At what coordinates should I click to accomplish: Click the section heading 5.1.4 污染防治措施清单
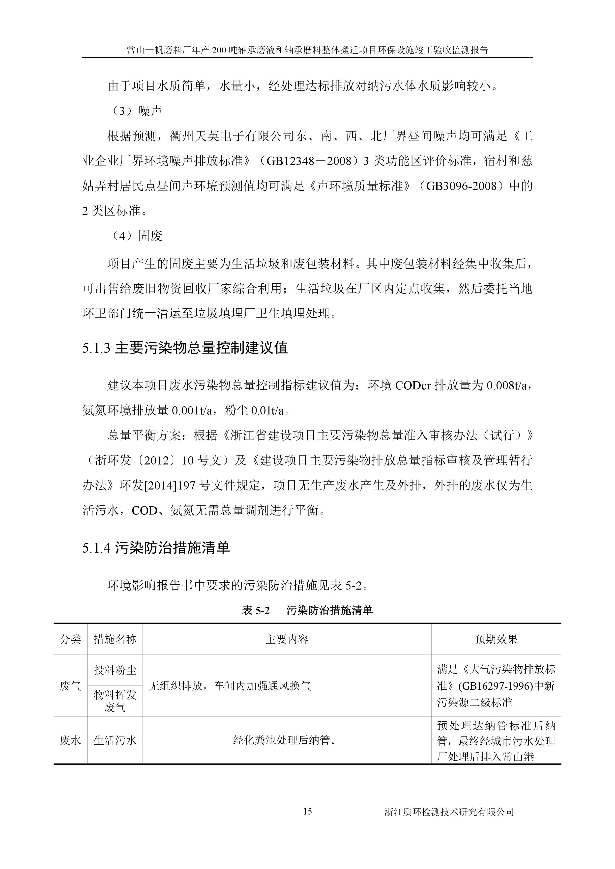[156, 548]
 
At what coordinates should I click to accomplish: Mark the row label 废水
[70, 740]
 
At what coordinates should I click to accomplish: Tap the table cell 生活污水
[115, 740]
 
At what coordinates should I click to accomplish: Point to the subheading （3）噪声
[137, 111]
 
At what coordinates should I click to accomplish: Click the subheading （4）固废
[137, 236]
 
